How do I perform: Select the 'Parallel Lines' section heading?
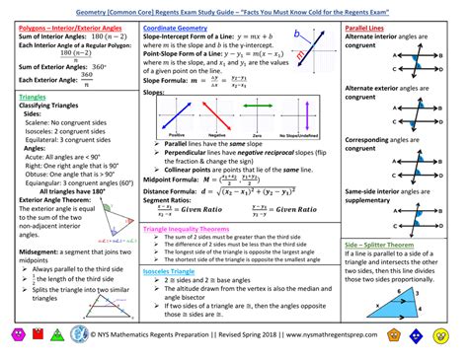coord(363,30)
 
